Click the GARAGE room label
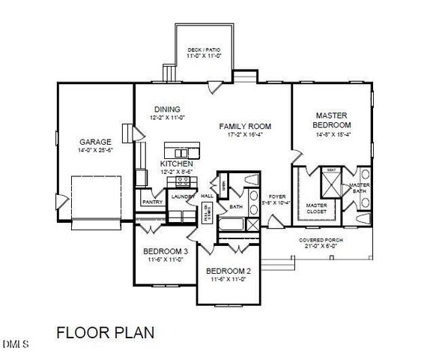point(96,141)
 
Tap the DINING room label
point(167,109)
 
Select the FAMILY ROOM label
point(245,126)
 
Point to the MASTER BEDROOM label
point(333,119)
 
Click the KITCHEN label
point(177,163)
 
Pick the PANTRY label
point(152,201)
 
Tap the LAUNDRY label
point(183,196)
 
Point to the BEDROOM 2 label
point(228,270)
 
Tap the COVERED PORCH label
point(320,240)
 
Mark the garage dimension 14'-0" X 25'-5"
point(96,150)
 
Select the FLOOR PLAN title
point(106,332)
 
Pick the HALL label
point(207,196)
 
